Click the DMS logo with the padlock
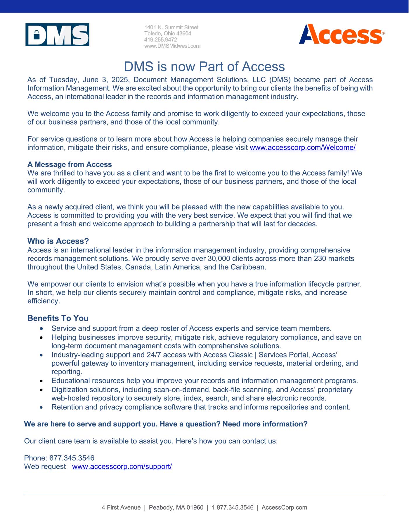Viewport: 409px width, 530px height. pos(57,35)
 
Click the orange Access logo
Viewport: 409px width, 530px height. pos(341,35)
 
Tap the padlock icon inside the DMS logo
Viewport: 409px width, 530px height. pos(37,35)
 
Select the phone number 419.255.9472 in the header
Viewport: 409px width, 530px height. pos(160,39)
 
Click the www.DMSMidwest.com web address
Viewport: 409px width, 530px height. pos(172,46)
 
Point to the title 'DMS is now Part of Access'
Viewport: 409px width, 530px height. pos(204,67)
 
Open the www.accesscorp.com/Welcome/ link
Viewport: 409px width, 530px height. pos(302,147)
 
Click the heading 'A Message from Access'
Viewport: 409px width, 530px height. pos(70,164)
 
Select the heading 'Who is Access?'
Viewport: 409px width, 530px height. pos(58,241)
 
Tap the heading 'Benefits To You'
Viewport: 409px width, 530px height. pos(58,318)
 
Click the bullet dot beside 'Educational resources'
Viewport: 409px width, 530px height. pos(41,381)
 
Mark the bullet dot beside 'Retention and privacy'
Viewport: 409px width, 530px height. pos(41,407)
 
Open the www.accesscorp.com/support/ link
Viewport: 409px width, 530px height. pos(122,467)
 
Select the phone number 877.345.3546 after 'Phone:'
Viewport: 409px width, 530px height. pos(72,458)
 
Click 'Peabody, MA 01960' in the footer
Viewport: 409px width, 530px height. pos(176,507)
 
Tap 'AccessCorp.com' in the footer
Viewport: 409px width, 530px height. pos(284,507)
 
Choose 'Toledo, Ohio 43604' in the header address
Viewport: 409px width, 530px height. pos(168,33)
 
